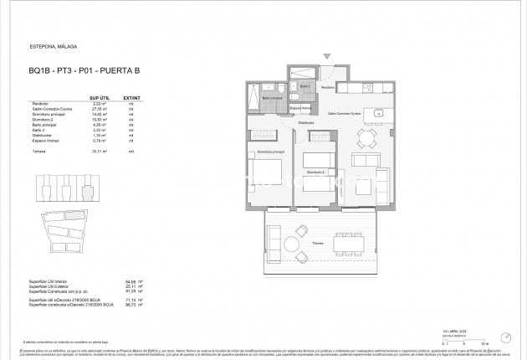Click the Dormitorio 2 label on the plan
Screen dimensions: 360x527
pyautogui.click(x=315, y=172)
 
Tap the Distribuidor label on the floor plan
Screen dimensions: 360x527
pyautogui.click(x=306, y=123)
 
